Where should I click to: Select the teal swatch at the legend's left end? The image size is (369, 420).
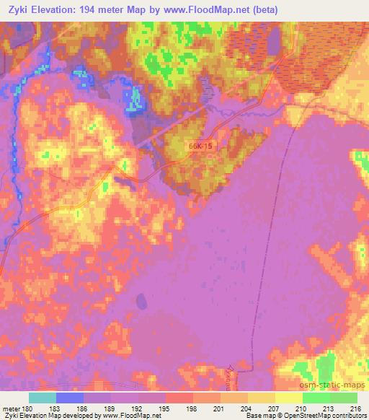43,398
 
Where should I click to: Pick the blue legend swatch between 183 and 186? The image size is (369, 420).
70,398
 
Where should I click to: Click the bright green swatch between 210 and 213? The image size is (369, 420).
316,398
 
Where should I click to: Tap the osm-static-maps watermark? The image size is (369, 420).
339,388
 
